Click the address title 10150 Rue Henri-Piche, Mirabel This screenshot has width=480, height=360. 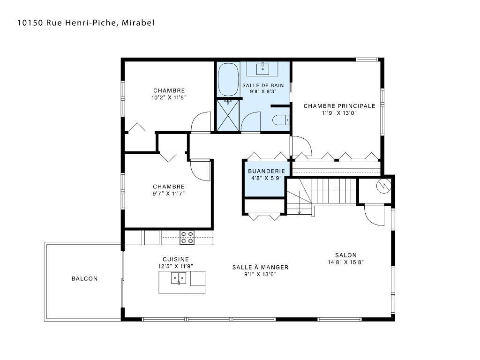(x=86, y=22)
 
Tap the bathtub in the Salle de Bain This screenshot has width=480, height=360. (x=228, y=80)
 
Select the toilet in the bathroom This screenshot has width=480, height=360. (x=281, y=120)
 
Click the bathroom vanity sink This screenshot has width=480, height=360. (x=262, y=68)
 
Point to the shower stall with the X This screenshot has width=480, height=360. (x=228, y=115)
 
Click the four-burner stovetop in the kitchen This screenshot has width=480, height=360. (x=187, y=238)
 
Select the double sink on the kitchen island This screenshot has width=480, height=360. (x=178, y=278)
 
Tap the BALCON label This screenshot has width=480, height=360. (x=84, y=278)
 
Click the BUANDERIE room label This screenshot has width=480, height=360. (x=266, y=171)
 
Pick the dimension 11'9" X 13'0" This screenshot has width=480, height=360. (x=339, y=113)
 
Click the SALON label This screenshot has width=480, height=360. (x=346, y=255)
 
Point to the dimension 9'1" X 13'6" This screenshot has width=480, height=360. (x=260, y=274)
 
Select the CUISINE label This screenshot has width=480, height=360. (x=176, y=259)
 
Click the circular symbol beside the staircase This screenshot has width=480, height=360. (x=383, y=186)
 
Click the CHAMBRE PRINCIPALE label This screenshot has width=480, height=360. (x=339, y=106)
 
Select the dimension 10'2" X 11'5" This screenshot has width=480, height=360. (x=169, y=97)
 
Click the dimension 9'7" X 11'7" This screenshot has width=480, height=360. (x=169, y=194)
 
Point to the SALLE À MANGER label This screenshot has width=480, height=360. (x=260, y=267)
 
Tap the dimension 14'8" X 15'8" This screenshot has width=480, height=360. (x=346, y=262)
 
